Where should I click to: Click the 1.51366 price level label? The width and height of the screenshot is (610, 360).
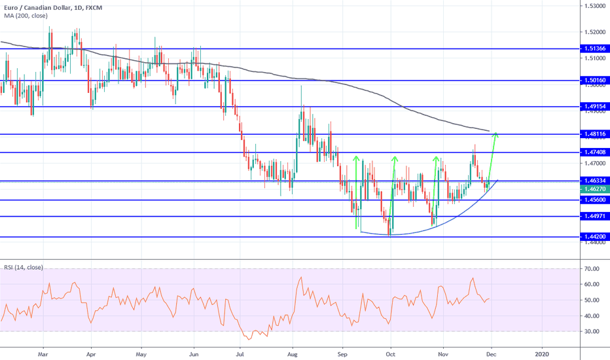[x=594, y=48]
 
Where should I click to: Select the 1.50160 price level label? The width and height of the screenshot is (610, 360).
[x=594, y=81]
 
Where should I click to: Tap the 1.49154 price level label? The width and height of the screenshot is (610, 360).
[x=594, y=106]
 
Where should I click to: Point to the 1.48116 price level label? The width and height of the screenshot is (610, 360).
[x=594, y=134]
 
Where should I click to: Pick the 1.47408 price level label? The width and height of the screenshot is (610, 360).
[x=594, y=153]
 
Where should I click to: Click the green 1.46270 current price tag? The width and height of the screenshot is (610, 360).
[x=594, y=189]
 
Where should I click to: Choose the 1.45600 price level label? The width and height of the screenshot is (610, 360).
[x=594, y=200]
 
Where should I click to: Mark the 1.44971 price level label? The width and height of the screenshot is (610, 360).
[x=594, y=216]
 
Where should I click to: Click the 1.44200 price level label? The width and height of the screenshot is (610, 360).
[x=594, y=236]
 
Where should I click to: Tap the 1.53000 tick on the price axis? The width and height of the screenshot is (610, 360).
[x=594, y=6]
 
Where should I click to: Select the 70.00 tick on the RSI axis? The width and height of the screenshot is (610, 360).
[x=593, y=268]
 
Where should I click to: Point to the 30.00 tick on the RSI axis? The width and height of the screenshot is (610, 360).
[x=593, y=331]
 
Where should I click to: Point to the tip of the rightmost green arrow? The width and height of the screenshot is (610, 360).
[x=496, y=134]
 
